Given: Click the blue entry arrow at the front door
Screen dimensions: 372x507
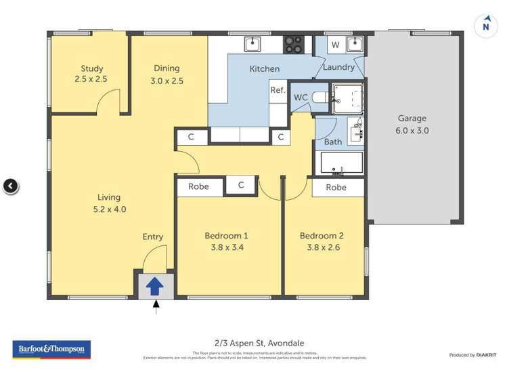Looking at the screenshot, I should click(154, 286).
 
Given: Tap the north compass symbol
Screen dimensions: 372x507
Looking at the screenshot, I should click(485, 26).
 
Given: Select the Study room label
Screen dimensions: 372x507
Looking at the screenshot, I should click(92, 73).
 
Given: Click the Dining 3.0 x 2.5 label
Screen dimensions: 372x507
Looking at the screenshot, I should click(167, 74).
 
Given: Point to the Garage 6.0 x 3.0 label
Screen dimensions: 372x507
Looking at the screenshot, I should click(412, 125).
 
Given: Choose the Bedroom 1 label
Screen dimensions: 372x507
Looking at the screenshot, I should click(226, 242).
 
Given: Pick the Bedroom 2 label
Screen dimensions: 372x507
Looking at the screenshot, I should click(322, 242).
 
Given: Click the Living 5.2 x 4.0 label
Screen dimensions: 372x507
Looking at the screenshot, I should click(108, 203).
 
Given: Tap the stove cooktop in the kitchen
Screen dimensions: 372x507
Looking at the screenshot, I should click(293, 44).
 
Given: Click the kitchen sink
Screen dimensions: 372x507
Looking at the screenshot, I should click(253, 44).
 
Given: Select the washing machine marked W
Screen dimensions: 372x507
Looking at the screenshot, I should click(335, 45).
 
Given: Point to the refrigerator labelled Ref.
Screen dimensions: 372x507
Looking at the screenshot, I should click(278, 90).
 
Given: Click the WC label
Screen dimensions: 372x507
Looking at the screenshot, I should click(301, 98).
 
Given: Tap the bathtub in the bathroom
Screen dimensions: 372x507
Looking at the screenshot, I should click(342, 163).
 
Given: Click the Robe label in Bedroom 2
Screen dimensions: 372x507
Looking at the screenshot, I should click(336, 187).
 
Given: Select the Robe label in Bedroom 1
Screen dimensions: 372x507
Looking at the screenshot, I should click(198, 186).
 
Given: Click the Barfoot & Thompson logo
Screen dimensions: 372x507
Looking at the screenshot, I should click(51, 350).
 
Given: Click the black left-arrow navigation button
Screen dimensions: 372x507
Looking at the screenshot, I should click(10, 186).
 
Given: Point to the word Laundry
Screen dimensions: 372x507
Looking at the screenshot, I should click(338, 67).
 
